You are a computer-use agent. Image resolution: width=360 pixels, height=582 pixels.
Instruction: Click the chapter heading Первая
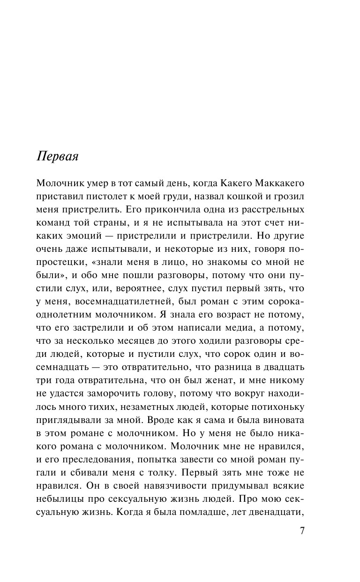[x=58, y=156]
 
